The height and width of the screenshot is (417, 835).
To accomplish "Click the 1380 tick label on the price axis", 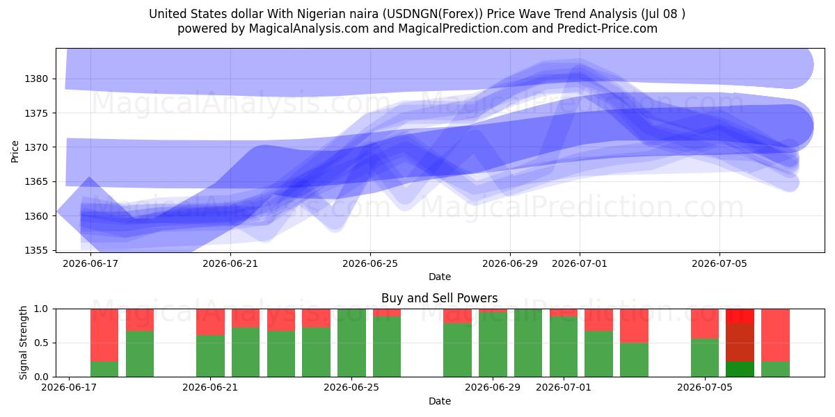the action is pyautogui.click(x=36, y=79).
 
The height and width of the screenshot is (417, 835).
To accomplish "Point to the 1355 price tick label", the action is pyautogui.click(x=36, y=250).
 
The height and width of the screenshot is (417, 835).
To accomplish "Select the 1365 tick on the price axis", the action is pyautogui.click(x=36, y=181).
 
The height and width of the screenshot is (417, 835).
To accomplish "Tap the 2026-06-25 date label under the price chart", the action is pyautogui.click(x=370, y=263).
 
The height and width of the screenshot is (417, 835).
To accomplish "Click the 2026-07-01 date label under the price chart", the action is pyautogui.click(x=579, y=263).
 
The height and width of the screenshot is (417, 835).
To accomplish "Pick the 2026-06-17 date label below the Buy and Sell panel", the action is pyautogui.click(x=69, y=387).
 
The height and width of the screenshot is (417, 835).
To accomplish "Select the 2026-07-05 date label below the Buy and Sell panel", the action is pyautogui.click(x=705, y=387).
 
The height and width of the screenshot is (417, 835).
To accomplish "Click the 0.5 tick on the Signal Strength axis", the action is pyautogui.click(x=41, y=343).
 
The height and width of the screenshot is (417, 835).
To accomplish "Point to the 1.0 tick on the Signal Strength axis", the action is pyautogui.click(x=41, y=309).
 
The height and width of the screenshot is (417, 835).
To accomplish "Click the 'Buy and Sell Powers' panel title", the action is pyautogui.click(x=440, y=298).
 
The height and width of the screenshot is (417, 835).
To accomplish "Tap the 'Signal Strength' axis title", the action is pyautogui.click(x=23, y=343).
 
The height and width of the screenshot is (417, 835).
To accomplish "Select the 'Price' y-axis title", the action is pyautogui.click(x=15, y=152).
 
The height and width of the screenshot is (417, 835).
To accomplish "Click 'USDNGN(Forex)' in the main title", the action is pyautogui.click(x=432, y=14).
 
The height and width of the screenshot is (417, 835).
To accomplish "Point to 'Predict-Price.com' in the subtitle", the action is pyautogui.click(x=607, y=28).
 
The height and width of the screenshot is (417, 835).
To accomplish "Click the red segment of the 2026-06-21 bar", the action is pyautogui.click(x=210, y=322).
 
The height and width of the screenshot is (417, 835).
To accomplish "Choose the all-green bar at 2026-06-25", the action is pyautogui.click(x=351, y=343).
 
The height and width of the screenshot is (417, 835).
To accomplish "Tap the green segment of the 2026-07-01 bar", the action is pyautogui.click(x=564, y=347).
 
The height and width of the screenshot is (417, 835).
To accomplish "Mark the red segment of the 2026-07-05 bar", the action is pyautogui.click(x=705, y=324).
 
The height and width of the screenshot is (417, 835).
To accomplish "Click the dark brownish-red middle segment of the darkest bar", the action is pyautogui.click(x=740, y=343).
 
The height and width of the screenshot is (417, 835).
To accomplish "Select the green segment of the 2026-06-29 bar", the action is pyautogui.click(x=493, y=345).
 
